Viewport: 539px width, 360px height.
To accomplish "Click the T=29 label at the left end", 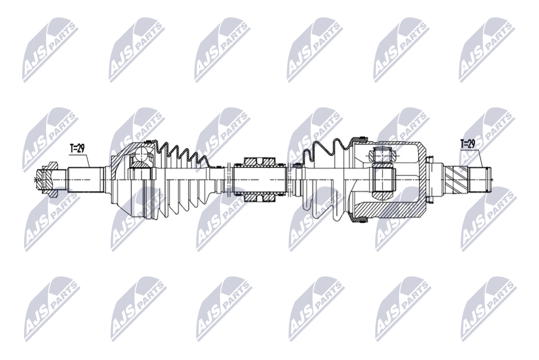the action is [78, 148].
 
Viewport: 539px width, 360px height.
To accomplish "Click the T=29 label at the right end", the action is [468, 144].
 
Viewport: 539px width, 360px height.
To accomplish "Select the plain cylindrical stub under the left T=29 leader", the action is [85, 179].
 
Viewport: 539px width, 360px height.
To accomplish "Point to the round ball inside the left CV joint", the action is [141, 154].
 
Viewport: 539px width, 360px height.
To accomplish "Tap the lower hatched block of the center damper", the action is [260, 197].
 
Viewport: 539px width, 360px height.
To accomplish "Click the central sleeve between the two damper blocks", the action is [260, 179].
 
